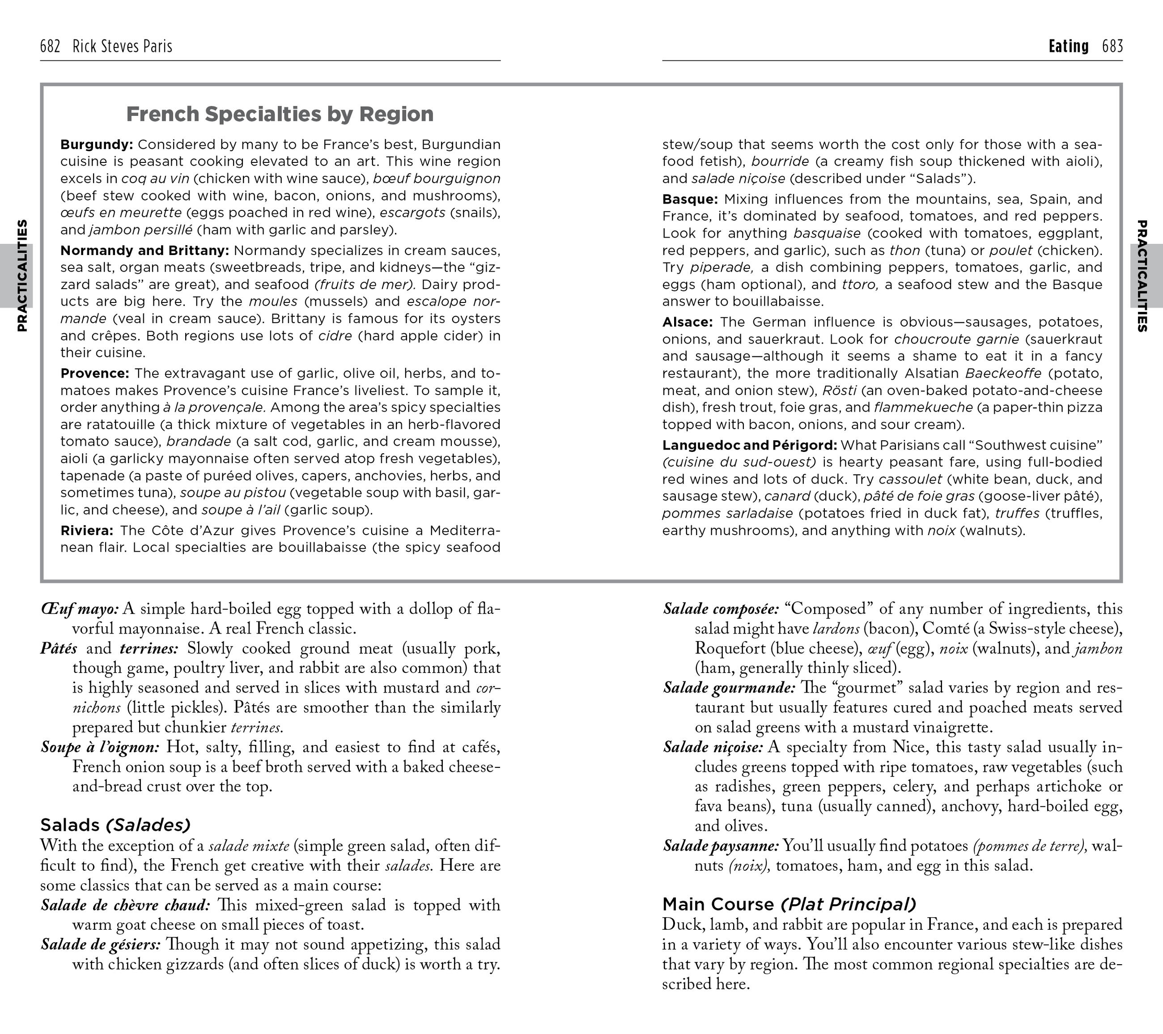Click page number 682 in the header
click(x=50, y=46)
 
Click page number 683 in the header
click(x=1112, y=46)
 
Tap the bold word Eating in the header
click(x=1069, y=46)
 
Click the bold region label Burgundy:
click(x=96, y=145)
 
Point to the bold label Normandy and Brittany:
click(x=144, y=251)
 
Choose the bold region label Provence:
click(x=94, y=373)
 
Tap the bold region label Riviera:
click(x=86, y=530)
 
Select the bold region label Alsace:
click(x=687, y=322)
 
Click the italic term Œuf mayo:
click(x=80, y=609)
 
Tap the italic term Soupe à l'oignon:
click(x=100, y=747)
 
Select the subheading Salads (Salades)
click(x=115, y=825)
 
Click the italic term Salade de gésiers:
click(x=100, y=945)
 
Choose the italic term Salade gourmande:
click(x=729, y=688)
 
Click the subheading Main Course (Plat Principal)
click(x=789, y=904)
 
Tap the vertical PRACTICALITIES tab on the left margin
click(x=21, y=276)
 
